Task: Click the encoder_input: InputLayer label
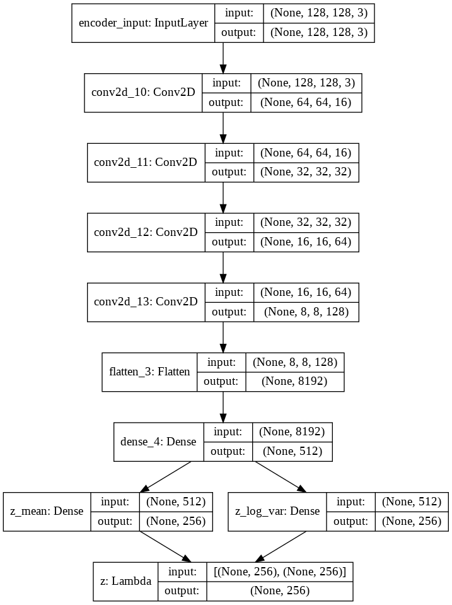click(x=143, y=23)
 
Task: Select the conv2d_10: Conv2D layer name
click(x=143, y=93)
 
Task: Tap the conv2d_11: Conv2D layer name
click(x=145, y=162)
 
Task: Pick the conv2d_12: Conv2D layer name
click(x=145, y=232)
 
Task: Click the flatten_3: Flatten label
click(x=149, y=372)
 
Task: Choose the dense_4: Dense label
click(x=158, y=441)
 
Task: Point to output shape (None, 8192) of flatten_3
click(x=294, y=381)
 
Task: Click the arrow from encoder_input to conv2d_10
click(x=223, y=57)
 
